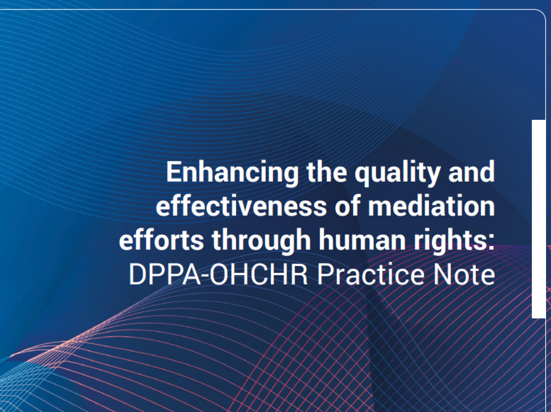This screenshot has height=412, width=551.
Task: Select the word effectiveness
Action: point(241,206)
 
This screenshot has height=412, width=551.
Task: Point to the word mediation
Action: point(431,206)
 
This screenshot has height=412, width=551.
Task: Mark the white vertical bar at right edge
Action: point(539,219)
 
